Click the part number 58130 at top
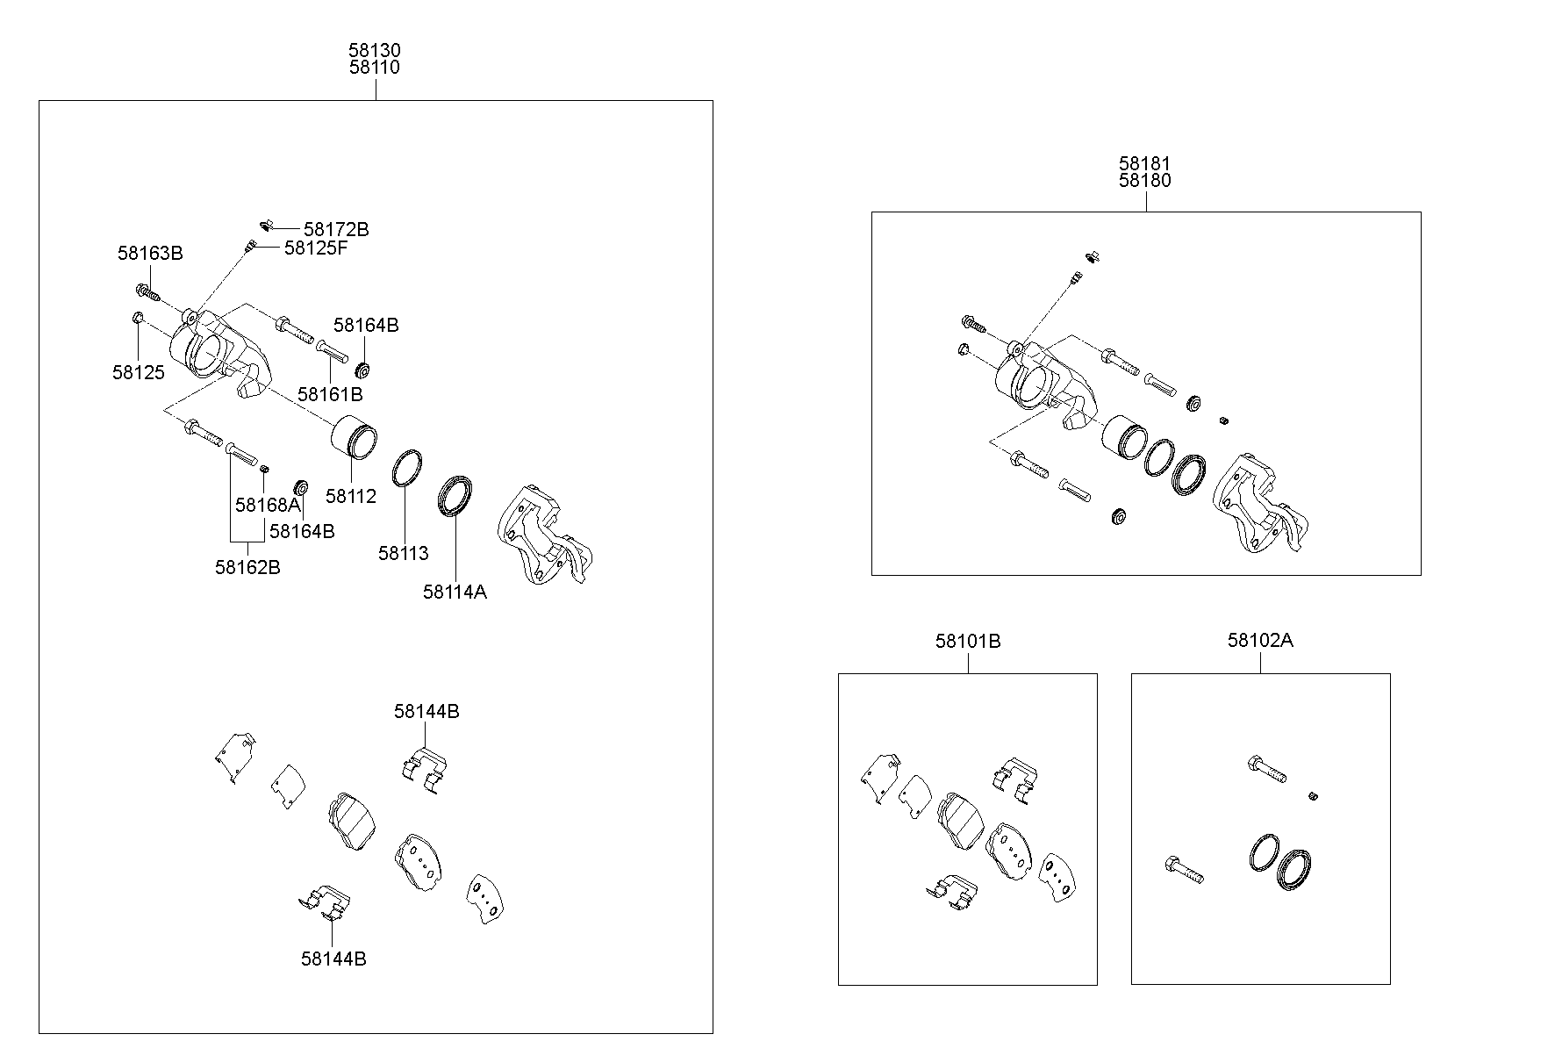[x=375, y=51]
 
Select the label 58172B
[x=336, y=229]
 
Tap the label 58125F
[x=316, y=248]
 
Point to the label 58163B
[x=150, y=254]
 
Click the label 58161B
[x=330, y=394]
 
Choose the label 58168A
[x=268, y=505]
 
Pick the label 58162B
[x=247, y=567]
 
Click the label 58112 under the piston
[x=350, y=496]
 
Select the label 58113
[x=404, y=553]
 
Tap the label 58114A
[x=455, y=592]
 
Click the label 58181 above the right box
[x=1144, y=163]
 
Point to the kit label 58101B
[x=968, y=641]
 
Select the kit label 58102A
[x=1260, y=640]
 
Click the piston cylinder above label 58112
[x=355, y=436]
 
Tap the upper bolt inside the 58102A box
[x=1265, y=769]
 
